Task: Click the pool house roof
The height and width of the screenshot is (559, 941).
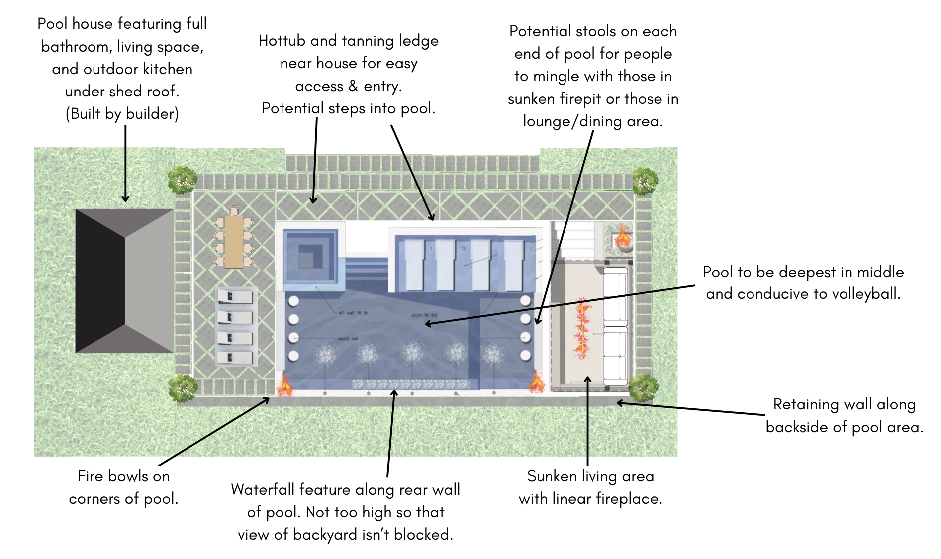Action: [x=124, y=281]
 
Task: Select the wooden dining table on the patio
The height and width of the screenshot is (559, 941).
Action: [x=234, y=242]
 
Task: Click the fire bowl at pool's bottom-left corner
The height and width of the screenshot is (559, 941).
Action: [x=284, y=385]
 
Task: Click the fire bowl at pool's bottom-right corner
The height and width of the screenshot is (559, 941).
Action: [x=536, y=382]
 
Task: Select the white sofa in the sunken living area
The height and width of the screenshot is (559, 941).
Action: [x=616, y=326]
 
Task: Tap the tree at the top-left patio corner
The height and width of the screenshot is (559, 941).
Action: [x=182, y=180]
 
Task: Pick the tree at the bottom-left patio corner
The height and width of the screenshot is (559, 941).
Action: [x=182, y=388]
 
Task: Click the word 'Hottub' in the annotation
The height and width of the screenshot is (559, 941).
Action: [x=282, y=41]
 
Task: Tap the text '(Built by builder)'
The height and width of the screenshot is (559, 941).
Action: [x=122, y=114]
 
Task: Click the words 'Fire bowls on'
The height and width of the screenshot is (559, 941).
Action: [x=123, y=476]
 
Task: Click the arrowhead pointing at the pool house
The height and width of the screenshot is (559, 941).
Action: [x=125, y=198]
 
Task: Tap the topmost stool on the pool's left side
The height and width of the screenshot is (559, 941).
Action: [x=293, y=301]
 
